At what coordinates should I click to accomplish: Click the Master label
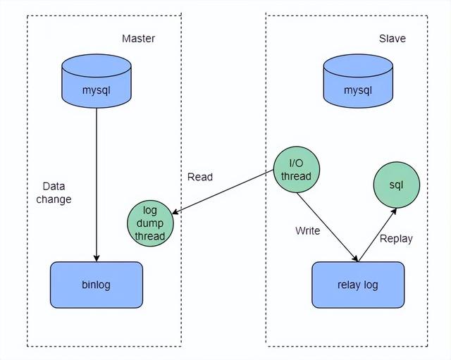tap(138, 38)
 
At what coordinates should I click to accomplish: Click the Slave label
tap(392, 38)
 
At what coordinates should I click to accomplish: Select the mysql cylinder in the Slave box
tap(358, 83)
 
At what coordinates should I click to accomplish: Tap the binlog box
tap(96, 285)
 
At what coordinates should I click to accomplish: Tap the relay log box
tap(358, 285)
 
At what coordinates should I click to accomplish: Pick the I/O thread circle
tap(296, 170)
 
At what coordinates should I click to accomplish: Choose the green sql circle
tap(396, 185)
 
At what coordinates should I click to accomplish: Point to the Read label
tap(200, 177)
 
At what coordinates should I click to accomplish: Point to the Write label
tap(307, 230)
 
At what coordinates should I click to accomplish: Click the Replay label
tap(396, 238)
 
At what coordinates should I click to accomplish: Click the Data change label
tap(56, 192)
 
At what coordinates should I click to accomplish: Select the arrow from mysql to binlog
tap(96, 183)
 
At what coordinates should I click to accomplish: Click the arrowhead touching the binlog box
tap(96, 257)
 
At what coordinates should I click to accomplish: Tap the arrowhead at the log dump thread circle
tap(175, 213)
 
